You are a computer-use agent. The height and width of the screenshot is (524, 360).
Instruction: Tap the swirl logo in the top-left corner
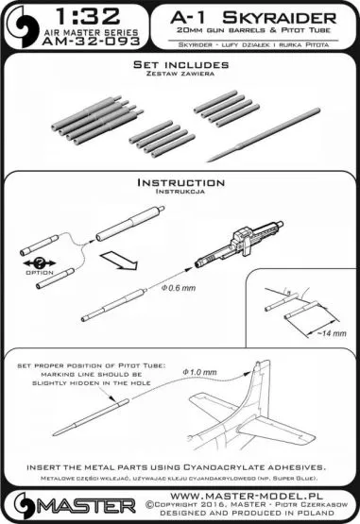pyautogui.click(x=22, y=27)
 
